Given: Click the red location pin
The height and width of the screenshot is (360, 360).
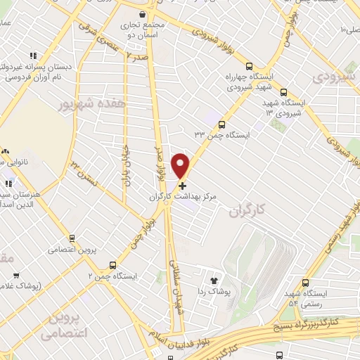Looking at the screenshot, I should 181,165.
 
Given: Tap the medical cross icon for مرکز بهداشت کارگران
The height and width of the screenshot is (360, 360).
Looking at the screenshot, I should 183,186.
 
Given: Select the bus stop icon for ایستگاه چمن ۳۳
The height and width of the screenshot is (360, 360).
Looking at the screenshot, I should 222,123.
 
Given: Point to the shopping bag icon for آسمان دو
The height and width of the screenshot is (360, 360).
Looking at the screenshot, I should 143,14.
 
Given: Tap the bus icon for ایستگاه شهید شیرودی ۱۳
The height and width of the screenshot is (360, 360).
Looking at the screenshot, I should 283,92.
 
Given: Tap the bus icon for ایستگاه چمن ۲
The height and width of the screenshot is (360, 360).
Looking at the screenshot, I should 112,265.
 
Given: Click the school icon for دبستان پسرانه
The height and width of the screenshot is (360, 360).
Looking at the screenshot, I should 32,56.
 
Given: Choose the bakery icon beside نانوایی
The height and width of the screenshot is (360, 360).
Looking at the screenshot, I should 6,150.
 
